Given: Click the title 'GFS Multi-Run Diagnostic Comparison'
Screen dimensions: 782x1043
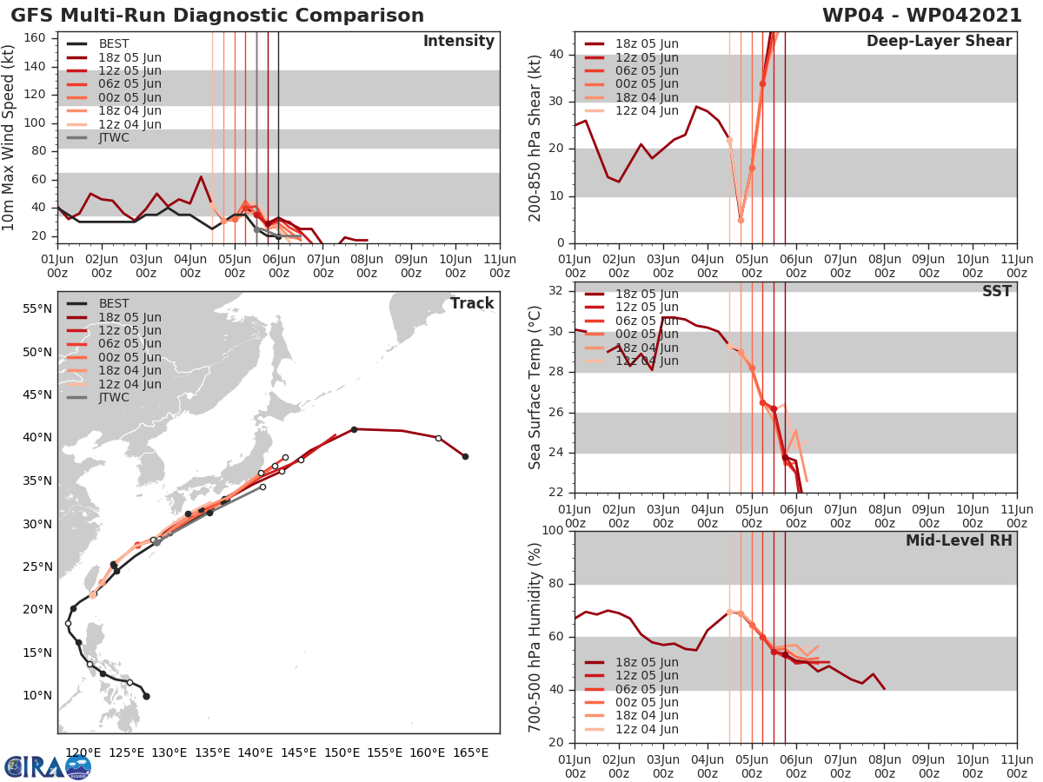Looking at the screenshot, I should click(x=217, y=16).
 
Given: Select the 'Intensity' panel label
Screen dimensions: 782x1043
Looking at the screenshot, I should click(x=458, y=42).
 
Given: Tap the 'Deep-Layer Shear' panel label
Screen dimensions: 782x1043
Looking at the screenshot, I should click(x=939, y=42).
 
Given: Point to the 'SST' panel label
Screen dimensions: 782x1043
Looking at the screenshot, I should click(x=996, y=291).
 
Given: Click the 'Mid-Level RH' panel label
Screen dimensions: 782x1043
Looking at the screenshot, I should click(x=959, y=540).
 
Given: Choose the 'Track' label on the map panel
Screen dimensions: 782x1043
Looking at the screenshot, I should click(x=472, y=303).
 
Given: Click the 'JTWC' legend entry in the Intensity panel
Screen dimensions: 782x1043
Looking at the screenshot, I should click(x=114, y=137).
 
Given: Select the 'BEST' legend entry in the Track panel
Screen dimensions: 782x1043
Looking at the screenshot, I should click(x=114, y=303).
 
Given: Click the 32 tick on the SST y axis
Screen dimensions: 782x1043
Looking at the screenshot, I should click(x=557, y=291).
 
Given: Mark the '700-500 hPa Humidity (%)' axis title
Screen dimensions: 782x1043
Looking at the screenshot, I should click(x=535, y=636).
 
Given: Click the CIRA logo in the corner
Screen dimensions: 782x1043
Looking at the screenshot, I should click(x=48, y=766).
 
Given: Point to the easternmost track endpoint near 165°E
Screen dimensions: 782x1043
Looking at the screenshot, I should click(x=465, y=456).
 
